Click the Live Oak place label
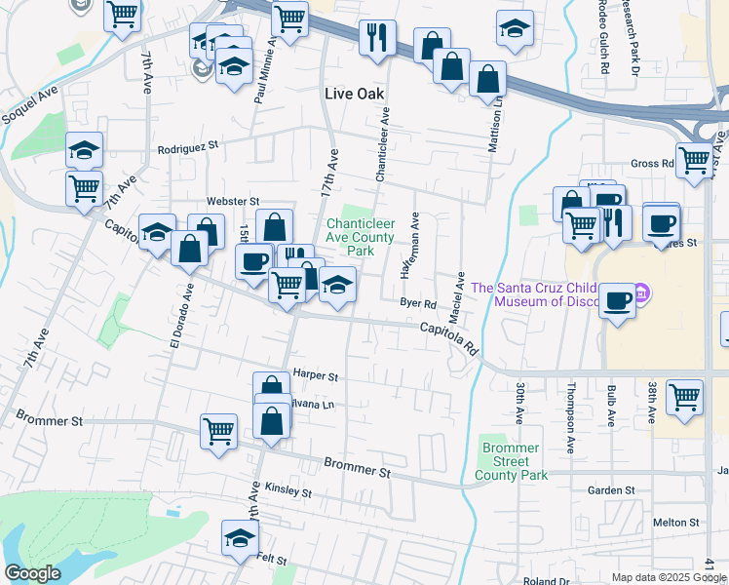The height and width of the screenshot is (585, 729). [x=354, y=94]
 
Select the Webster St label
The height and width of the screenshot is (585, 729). [x=231, y=201]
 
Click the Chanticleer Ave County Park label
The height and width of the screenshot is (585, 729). [x=361, y=237]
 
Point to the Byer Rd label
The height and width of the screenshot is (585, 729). [x=417, y=303]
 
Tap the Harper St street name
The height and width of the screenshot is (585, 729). [x=315, y=375]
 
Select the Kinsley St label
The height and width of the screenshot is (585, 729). [x=288, y=492]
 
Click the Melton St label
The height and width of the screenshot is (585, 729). [x=676, y=523]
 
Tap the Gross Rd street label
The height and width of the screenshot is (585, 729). [x=652, y=164]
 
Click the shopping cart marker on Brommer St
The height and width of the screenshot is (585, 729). [x=219, y=430]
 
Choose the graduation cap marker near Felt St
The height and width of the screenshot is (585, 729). [x=240, y=537]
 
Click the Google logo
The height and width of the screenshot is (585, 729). [x=32, y=573]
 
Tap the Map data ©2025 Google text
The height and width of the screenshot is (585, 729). [x=669, y=577]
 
